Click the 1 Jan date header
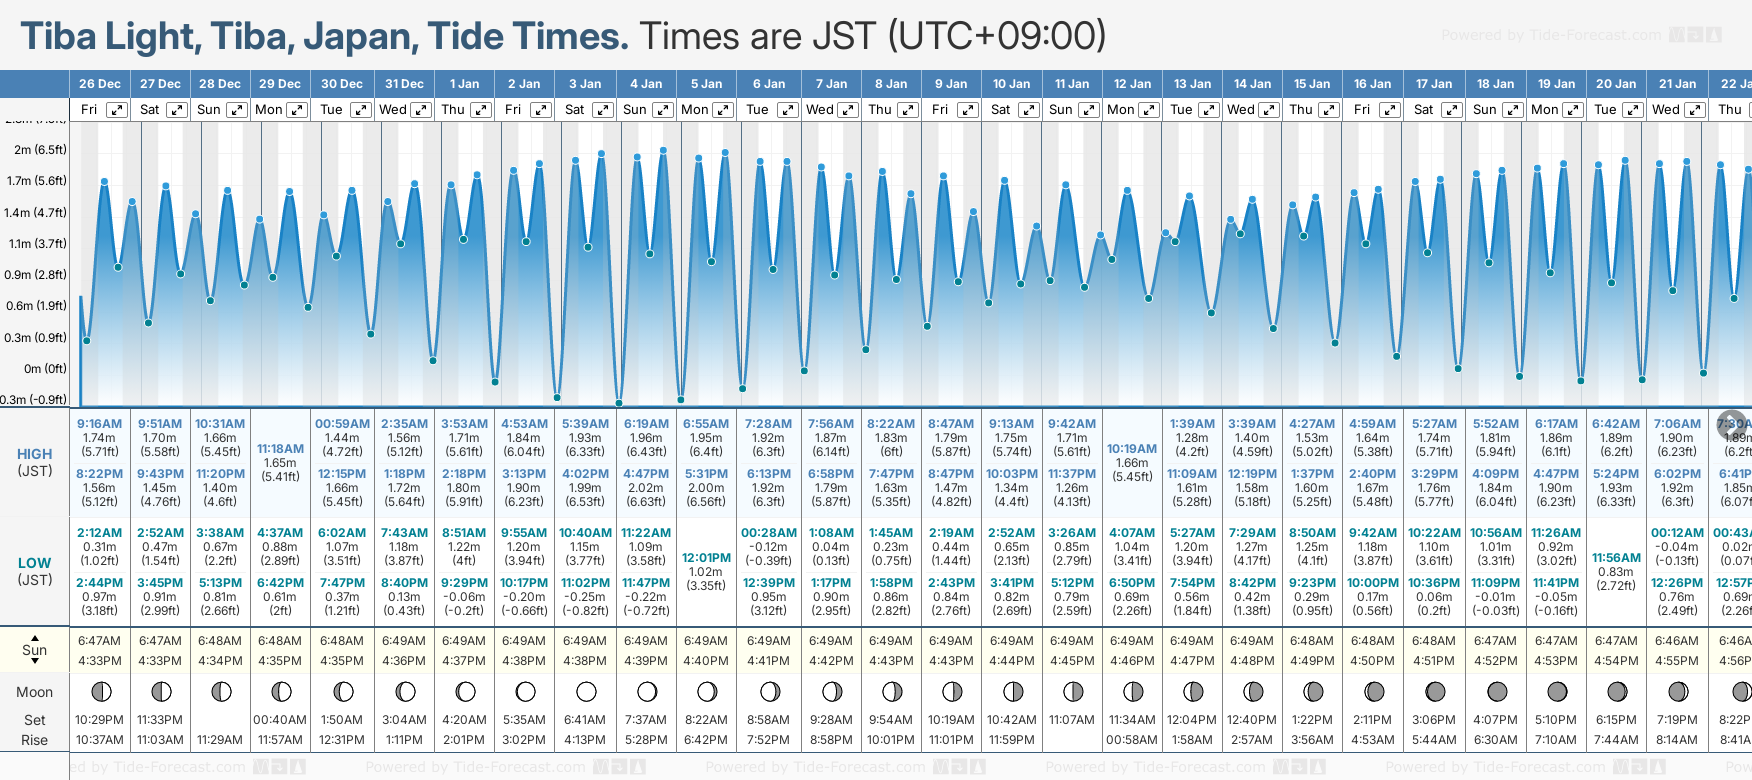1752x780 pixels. pos(464,84)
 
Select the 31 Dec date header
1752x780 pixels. pos(404,84)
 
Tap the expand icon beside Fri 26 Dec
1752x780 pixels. pos(117,110)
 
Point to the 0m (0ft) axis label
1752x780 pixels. pos(46,369)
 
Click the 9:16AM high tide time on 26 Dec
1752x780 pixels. pos(99,424)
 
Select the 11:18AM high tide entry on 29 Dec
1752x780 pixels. pos(280,449)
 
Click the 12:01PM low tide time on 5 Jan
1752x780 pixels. pos(706,558)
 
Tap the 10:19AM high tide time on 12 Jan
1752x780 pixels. pos(1132,449)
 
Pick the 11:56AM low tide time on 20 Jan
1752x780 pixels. pos(1616,558)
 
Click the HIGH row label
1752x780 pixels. pos(34,454)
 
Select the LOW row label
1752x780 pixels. pos(34,563)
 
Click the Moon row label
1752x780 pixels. pos(34,692)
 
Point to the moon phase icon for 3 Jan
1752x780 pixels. pos(586,691)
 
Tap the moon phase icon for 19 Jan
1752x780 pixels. pos(1557,691)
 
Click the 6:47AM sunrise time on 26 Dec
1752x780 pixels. pos(99,641)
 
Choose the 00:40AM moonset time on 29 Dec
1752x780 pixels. pos(280,720)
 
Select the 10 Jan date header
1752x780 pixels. pos(1012,84)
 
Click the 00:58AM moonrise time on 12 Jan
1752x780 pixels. pos(1132,740)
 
